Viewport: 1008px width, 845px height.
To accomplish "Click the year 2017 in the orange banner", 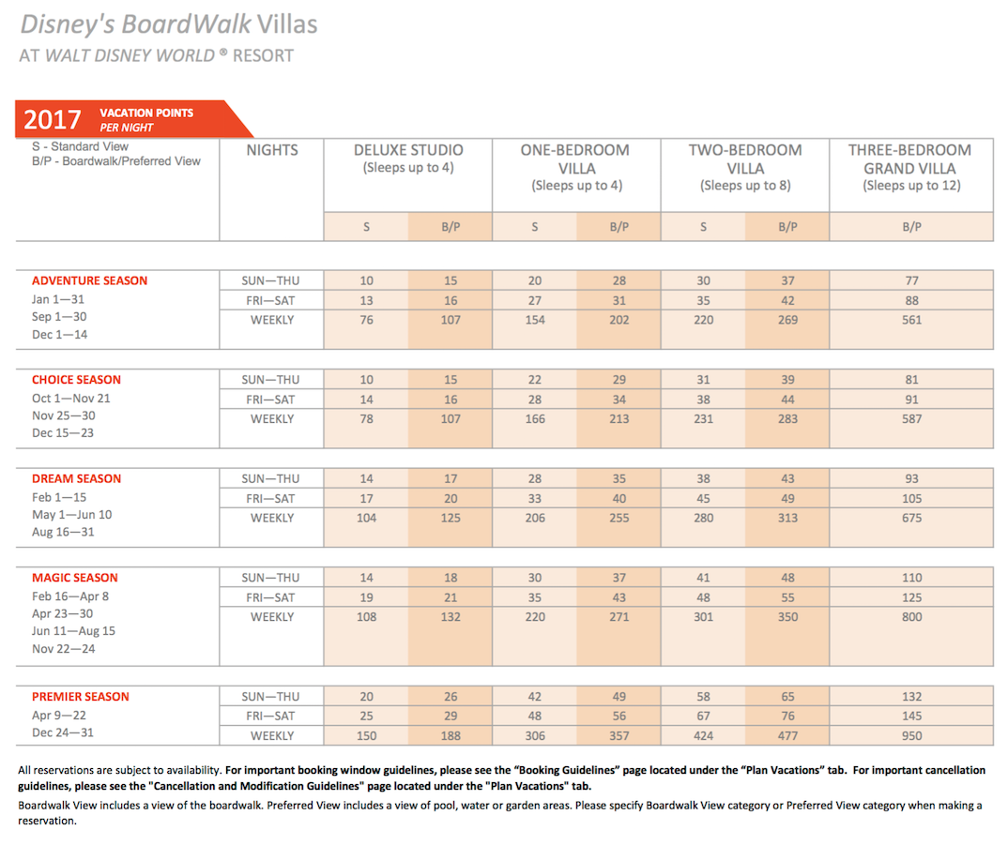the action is pyautogui.click(x=53, y=119).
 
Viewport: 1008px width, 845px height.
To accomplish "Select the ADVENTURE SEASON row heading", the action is pyautogui.click(x=89, y=280).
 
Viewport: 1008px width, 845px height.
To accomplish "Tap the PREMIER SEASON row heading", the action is pyautogui.click(x=81, y=697).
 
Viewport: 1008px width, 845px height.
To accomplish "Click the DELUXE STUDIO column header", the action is pyautogui.click(x=408, y=150).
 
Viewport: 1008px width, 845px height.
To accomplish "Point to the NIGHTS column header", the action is pyautogui.click(x=272, y=150).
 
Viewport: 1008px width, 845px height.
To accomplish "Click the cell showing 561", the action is pyautogui.click(x=911, y=320).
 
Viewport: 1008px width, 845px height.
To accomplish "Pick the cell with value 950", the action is pyautogui.click(x=911, y=736).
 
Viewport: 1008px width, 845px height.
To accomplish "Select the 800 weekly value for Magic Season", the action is pyautogui.click(x=911, y=617).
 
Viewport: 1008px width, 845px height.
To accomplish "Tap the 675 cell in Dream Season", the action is pyautogui.click(x=911, y=518).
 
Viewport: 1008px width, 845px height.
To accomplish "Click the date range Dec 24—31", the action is pyautogui.click(x=63, y=732).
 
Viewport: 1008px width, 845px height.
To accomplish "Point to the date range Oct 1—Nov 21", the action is pyautogui.click(x=71, y=399).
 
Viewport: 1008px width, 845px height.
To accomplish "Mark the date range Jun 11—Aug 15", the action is pyautogui.click(x=74, y=631).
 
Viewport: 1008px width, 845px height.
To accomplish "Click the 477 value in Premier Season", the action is pyautogui.click(x=787, y=736).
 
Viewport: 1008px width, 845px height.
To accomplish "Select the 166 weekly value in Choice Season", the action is pyautogui.click(x=535, y=419).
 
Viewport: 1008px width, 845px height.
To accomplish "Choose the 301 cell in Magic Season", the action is pyautogui.click(x=703, y=617).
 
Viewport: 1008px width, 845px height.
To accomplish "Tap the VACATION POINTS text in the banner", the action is pyautogui.click(x=146, y=113).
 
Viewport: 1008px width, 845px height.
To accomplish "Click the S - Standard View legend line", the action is pyautogui.click(x=81, y=146).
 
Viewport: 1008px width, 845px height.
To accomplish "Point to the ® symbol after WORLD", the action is pyautogui.click(x=223, y=52).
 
